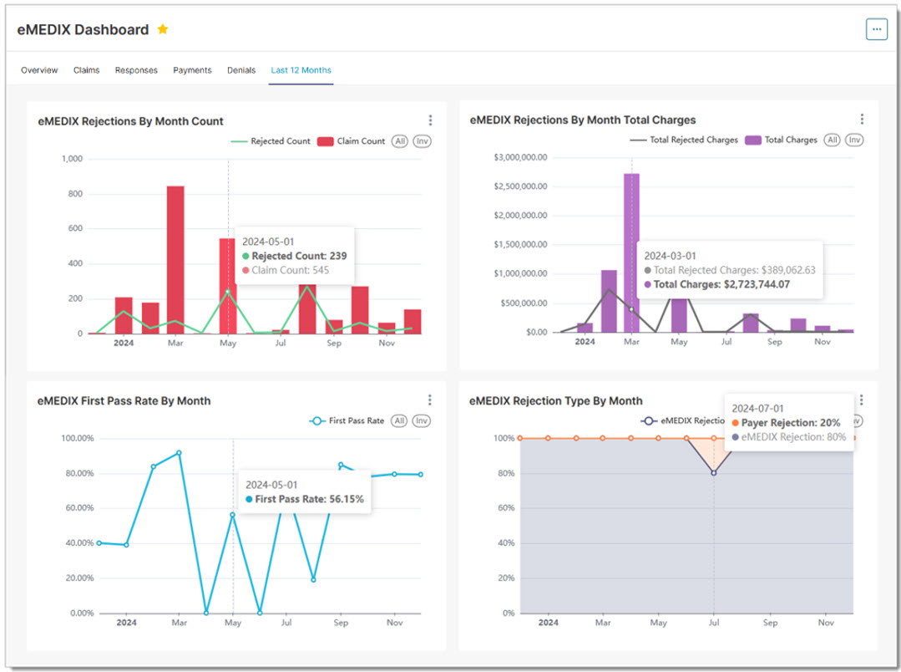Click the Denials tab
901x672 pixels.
(241, 70)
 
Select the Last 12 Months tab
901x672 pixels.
(301, 70)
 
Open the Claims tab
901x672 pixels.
(86, 70)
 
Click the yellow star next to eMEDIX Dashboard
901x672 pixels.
(163, 29)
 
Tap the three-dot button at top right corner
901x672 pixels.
(876, 28)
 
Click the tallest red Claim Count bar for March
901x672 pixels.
(175, 259)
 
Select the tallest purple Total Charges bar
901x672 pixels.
(632, 251)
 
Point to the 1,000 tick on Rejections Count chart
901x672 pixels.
(72, 159)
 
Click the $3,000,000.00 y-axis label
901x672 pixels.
(520, 157)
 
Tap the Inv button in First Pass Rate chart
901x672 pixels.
(422, 421)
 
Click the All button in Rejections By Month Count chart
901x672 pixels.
(400, 141)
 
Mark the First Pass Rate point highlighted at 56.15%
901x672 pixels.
(233, 515)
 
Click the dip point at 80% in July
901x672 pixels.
(713, 473)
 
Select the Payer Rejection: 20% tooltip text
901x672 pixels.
(791, 423)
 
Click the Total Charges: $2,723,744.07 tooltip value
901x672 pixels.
(723, 285)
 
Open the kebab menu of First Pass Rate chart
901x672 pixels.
(430, 400)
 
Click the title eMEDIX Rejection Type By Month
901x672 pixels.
(556, 401)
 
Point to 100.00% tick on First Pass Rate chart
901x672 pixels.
(76, 439)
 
